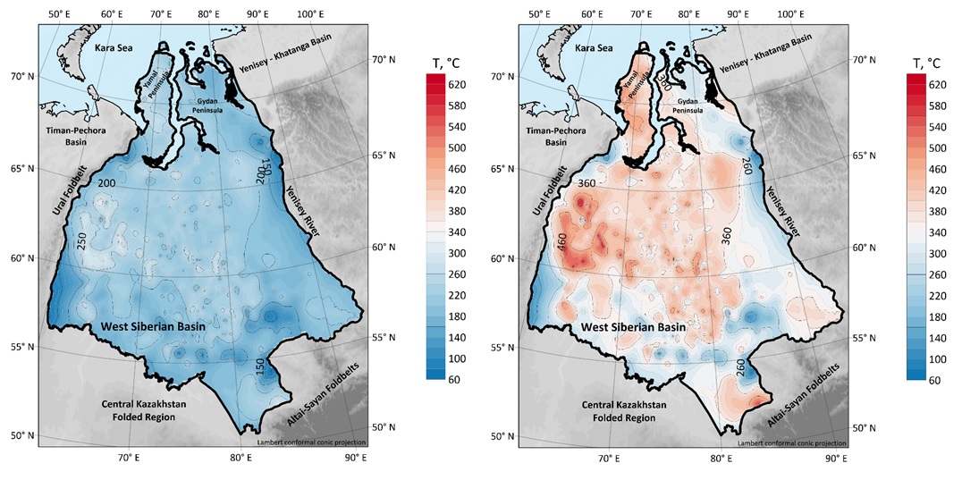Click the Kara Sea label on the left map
(x=122, y=47)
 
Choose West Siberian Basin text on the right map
(x=634, y=328)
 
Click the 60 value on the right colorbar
(x=938, y=379)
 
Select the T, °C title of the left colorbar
(x=450, y=63)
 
